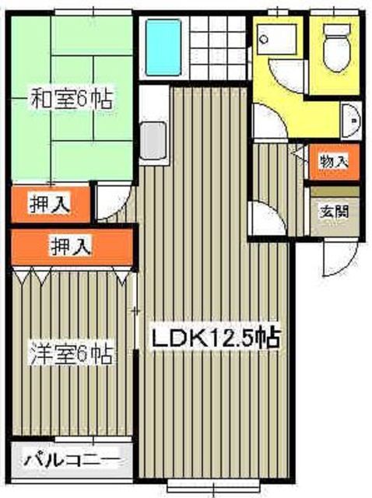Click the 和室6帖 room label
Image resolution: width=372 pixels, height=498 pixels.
click(x=70, y=100)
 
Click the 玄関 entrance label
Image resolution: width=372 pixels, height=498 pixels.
click(x=335, y=210)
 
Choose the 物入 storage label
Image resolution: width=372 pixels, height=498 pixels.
click(x=334, y=162)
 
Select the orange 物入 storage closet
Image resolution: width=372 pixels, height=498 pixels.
click(x=334, y=162)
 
